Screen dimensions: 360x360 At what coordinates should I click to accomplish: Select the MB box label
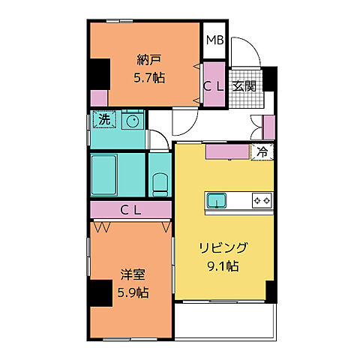click(x=214, y=40)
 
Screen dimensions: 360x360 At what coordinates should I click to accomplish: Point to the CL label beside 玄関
click(x=213, y=86)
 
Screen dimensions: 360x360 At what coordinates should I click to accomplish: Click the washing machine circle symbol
click(x=133, y=120)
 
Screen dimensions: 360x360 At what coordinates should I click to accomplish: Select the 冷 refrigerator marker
click(x=262, y=151)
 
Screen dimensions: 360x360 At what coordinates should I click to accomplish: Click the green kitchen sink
click(x=217, y=200)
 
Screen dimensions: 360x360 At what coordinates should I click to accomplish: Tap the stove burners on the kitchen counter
click(x=262, y=200)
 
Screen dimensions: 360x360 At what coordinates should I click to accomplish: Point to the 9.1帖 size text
click(x=223, y=265)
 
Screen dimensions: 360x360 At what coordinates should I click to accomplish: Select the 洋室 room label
click(x=131, y=274)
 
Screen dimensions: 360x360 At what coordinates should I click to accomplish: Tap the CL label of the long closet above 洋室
click(x=132, y=210)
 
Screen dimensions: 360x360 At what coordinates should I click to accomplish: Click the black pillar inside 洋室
click(x=98, y=293)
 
